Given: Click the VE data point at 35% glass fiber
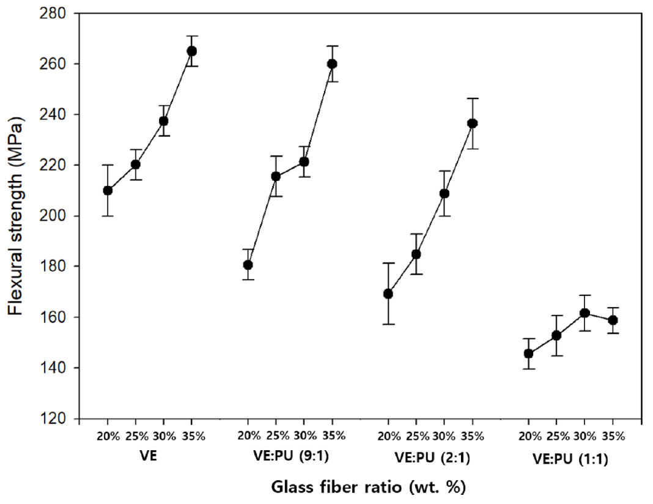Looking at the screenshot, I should (191, 51).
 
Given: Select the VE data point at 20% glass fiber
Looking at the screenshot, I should (108, 190).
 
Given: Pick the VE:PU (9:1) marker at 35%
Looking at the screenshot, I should (332, 64).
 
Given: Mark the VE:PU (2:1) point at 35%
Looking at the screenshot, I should (472, 123).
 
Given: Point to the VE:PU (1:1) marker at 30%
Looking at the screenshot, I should (585, 313).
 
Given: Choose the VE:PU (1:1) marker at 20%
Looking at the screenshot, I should (528, 354).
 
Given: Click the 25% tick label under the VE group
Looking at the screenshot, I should (136, 436).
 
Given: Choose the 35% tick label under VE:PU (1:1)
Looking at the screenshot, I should (613, 436).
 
